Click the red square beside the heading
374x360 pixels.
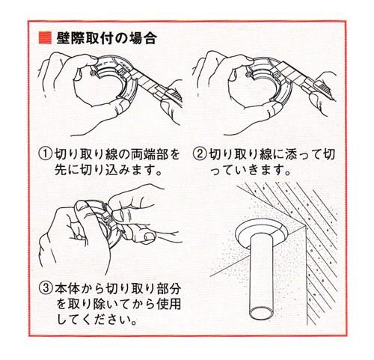coord(45,38)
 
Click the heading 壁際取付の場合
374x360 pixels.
coord(107,38)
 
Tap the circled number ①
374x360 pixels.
coord(46,154)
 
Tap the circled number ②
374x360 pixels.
coord(200,154)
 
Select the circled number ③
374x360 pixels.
coord(46,289)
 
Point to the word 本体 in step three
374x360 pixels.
coord(67,289)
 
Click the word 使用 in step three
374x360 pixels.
coord(168,305)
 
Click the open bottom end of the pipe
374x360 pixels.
coord(262,313)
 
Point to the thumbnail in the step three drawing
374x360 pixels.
coord(149,236)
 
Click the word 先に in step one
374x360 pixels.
coord(67,170)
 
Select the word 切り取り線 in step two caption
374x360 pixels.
coord(240,154)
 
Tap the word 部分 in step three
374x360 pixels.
coord(168,289)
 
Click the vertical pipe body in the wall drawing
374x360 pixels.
coord(262,275)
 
